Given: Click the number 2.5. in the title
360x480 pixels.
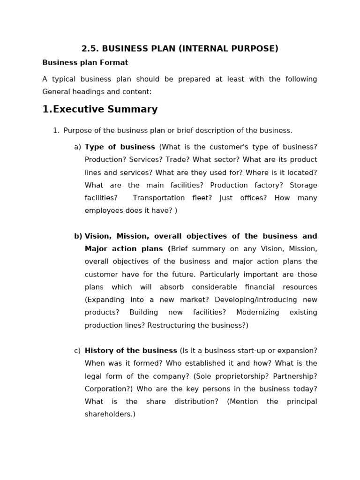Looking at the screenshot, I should [90, 49].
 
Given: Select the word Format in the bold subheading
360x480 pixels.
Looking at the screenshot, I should [115, 63].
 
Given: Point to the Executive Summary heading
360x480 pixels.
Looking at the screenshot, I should [100, 110].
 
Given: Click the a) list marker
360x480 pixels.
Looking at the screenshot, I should [77, 147].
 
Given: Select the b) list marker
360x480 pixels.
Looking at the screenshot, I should [78, 236].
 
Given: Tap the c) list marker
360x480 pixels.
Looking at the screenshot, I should [77, 351].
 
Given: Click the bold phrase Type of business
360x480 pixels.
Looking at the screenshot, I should [120, 147].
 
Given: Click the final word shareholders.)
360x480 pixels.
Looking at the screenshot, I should [110, 414].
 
